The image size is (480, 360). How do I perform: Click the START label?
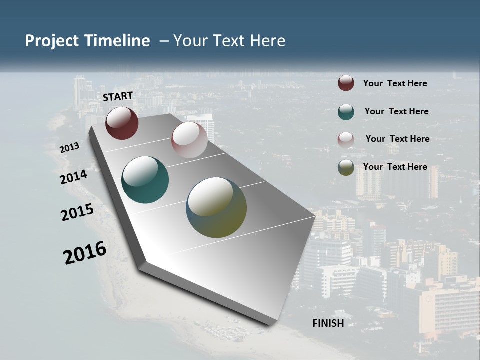[118, 96]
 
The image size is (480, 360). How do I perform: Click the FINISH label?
[328, 323]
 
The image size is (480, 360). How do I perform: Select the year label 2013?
[70, 148]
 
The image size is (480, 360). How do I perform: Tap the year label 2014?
[74, 177]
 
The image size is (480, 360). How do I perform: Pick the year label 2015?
[77, 212]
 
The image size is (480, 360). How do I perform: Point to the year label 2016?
[85, 253]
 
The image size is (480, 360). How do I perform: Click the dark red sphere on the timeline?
[122, 123]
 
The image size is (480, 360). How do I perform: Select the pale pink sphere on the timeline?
[189, 140]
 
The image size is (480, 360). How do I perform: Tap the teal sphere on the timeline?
[145, 180]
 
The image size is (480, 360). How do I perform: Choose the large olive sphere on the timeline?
[216, 207]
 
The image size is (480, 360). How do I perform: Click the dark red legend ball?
[346, 83]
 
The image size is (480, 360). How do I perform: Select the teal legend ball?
[346, 111]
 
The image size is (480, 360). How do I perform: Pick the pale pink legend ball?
[346, 139]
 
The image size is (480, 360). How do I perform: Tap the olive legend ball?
[346, 167]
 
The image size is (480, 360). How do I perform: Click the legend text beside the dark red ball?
[395, 83]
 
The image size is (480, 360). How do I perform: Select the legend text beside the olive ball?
[395, 167]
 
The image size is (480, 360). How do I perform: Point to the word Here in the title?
[268, 41]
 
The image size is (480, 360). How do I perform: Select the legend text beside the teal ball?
[396, 111]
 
